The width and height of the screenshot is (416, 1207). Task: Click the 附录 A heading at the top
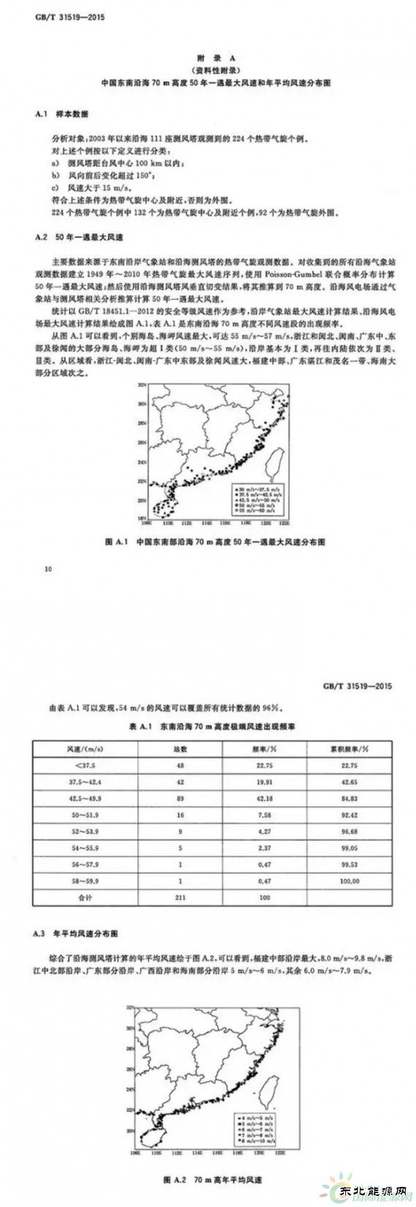pos(207,59)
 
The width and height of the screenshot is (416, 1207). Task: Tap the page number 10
pos(47,569)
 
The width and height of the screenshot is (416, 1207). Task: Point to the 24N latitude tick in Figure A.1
pos(140,461)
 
